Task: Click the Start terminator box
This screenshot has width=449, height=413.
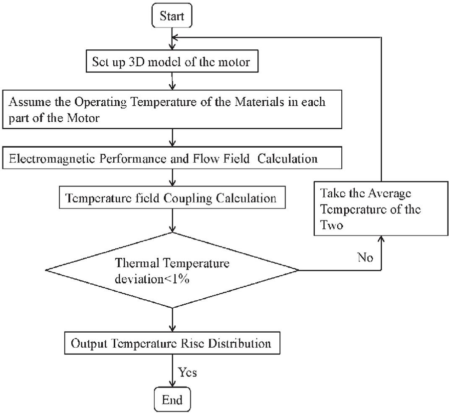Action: [172, 15]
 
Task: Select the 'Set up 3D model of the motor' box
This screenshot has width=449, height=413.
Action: [172, 63]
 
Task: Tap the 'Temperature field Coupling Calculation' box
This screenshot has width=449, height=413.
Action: [172, 197]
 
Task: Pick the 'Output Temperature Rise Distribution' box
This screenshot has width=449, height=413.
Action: [172, 344]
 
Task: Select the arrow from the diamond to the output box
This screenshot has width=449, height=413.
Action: [172, 319]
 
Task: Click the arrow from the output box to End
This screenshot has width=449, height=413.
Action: [172, 371]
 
